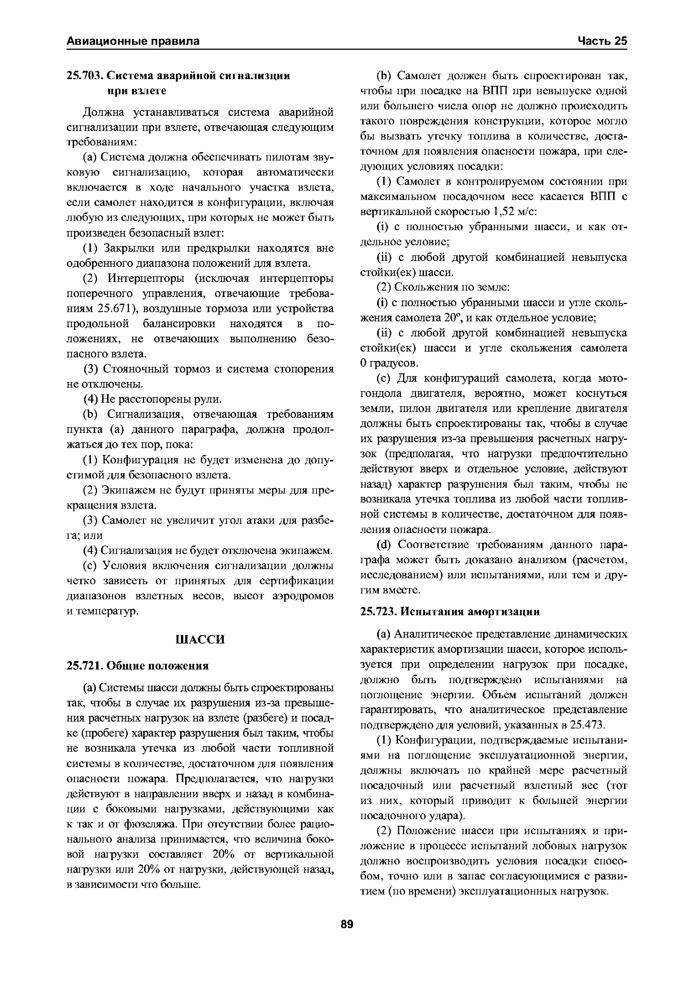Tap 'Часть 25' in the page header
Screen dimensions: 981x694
(x=602, y=41)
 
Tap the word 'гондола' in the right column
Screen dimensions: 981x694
(x=380, y=393)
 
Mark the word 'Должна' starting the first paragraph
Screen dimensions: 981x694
(x=103, y=112)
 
